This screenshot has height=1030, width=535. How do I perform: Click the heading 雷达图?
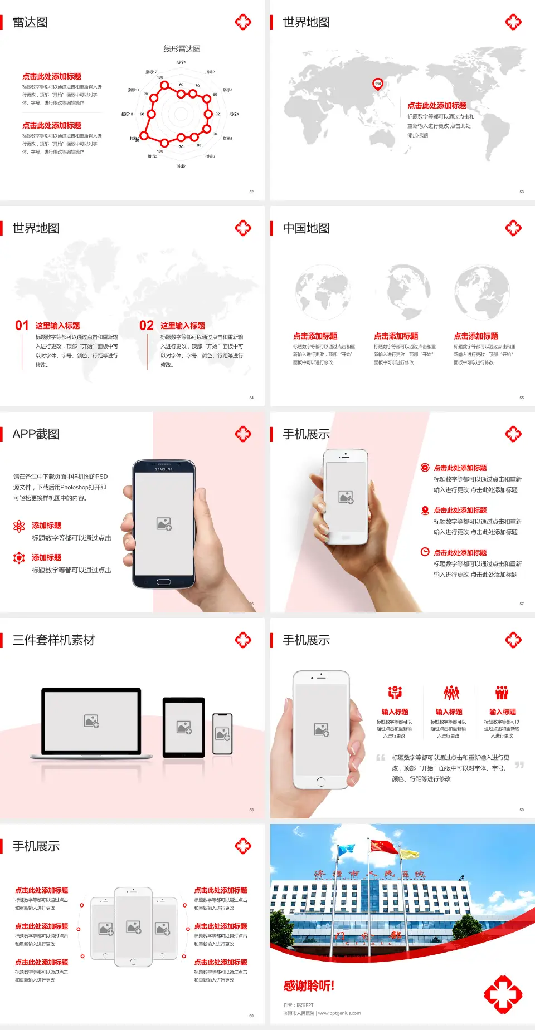(30, 22)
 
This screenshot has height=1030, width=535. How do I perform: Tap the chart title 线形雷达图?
(182, 49)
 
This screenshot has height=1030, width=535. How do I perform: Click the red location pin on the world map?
(378, 84)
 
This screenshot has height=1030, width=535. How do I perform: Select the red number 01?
(22, 326)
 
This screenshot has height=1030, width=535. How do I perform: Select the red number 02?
(147, 326)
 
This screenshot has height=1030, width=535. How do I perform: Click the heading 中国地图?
(306, 228)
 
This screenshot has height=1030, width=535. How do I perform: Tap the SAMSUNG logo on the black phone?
(164, 469)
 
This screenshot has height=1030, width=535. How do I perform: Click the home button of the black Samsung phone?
(163, 582)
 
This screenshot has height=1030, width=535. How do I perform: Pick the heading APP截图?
(36, 434)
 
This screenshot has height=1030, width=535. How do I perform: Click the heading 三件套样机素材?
(53, 640)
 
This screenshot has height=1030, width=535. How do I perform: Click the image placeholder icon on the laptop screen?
(91, 721)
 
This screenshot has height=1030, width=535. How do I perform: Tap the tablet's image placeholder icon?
(184, 727)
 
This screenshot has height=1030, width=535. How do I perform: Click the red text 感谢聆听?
(309, 986)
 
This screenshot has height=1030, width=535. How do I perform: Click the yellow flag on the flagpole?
(408, 854)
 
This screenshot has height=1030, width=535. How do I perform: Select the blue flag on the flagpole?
(346, 850)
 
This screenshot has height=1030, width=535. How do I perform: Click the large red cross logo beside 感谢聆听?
(503, 994)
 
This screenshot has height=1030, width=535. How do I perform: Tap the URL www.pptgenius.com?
(339, 1013)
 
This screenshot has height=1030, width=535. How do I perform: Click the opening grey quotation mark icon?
(381, 757)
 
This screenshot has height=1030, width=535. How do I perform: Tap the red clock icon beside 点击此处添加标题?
(425, 552)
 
